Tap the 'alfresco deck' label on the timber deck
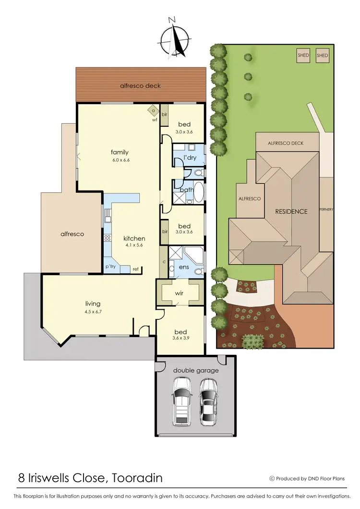tap(140, 86)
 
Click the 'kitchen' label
tap(134, 238)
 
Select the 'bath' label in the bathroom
tap(186, 190)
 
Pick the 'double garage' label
tap(195, 370)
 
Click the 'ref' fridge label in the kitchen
tap(135, 269)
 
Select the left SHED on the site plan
tap(303, 55)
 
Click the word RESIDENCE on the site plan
tap(291, 211)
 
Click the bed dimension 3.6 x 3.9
tap(180, 339)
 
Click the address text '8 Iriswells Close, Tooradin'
tap(90, 478)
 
